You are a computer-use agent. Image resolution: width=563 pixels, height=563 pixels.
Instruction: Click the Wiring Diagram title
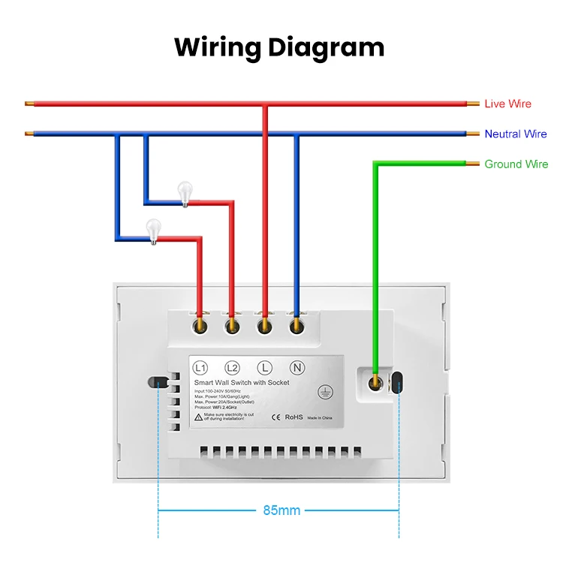[x=279, y=47]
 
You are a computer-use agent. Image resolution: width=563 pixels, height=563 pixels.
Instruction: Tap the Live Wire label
[x=507, y=104]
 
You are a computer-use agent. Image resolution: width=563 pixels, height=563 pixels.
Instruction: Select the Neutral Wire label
[x=515, y=134]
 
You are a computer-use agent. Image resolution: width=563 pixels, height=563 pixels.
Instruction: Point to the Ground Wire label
[x=516, y=164]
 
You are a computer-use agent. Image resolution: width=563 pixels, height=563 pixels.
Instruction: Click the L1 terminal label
[x=200, y=368]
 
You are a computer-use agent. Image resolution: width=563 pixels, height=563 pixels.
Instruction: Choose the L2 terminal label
[x=232, y=368]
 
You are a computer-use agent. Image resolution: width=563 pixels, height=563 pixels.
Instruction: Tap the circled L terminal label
[x=263, y=368]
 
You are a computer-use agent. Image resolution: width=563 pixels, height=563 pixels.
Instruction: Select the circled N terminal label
[x=296, y=368]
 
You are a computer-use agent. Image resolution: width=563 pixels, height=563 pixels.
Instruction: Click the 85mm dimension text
[x=281, y=511]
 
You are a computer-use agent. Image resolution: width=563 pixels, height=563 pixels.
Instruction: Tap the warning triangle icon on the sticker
[x=197, y=416]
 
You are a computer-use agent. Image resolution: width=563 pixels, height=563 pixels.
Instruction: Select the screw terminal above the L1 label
[x=200, y=325]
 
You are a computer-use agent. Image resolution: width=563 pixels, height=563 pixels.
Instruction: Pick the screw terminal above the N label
[x=296, y=325]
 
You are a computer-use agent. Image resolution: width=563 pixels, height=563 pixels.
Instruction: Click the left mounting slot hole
[x=157, y=383]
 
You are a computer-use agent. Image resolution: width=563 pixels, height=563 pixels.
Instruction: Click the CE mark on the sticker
[x=275, y=417]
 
